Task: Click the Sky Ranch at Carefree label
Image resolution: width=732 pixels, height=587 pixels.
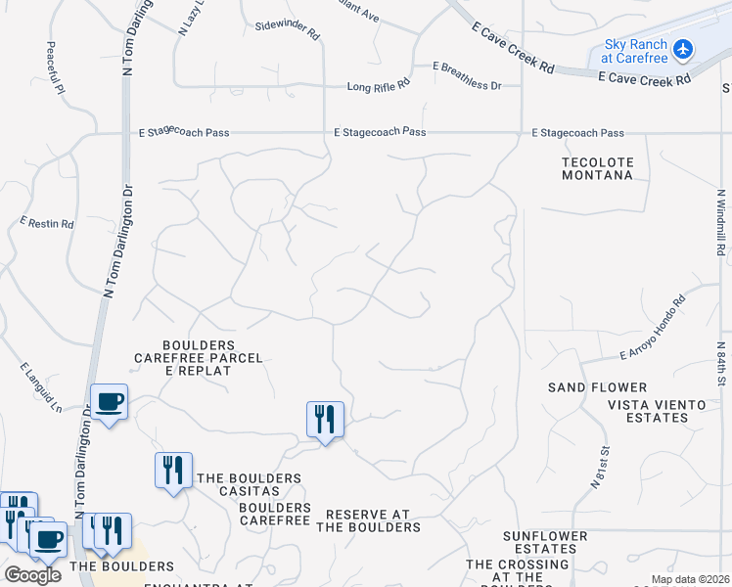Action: click(636, 52)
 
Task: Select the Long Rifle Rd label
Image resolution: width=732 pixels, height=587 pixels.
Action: click(378, 87)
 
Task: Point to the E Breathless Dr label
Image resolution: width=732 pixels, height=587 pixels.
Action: click(467, 86)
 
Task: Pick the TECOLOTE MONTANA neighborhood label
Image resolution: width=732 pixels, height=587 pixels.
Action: click(597, 169)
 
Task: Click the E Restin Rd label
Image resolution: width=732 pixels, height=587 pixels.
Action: click(47, 223)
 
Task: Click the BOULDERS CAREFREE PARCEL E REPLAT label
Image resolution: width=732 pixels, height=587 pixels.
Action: click(199, 358)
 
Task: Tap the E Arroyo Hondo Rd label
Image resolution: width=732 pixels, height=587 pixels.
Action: click(653, 330)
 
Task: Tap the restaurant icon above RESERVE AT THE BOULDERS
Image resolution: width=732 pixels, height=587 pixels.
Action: click(324, 420)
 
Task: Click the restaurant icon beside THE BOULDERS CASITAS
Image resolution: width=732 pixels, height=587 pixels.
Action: click(173, 470)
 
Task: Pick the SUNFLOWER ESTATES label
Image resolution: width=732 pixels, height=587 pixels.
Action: click(546, 543)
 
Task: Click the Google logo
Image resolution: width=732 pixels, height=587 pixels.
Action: click(32, 575)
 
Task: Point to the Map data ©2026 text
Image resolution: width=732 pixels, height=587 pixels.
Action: click(689, 579)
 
